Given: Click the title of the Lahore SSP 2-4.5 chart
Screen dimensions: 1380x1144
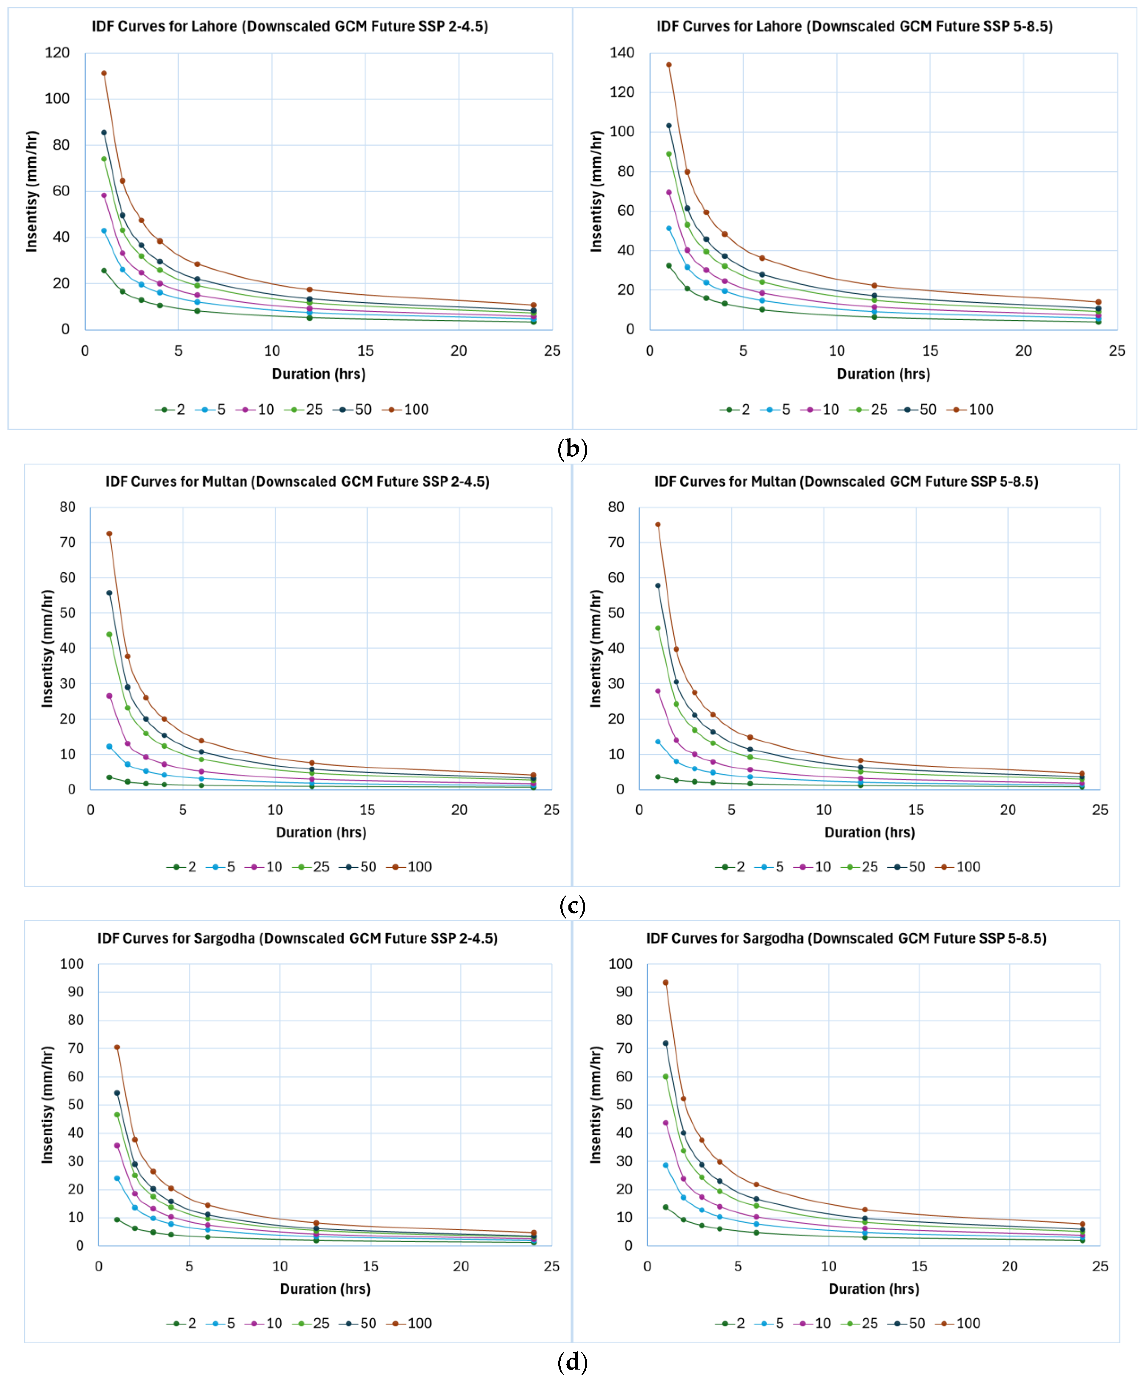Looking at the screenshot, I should (289, 26).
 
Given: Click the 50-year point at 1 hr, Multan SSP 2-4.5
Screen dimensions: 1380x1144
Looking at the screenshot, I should (109, 593).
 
